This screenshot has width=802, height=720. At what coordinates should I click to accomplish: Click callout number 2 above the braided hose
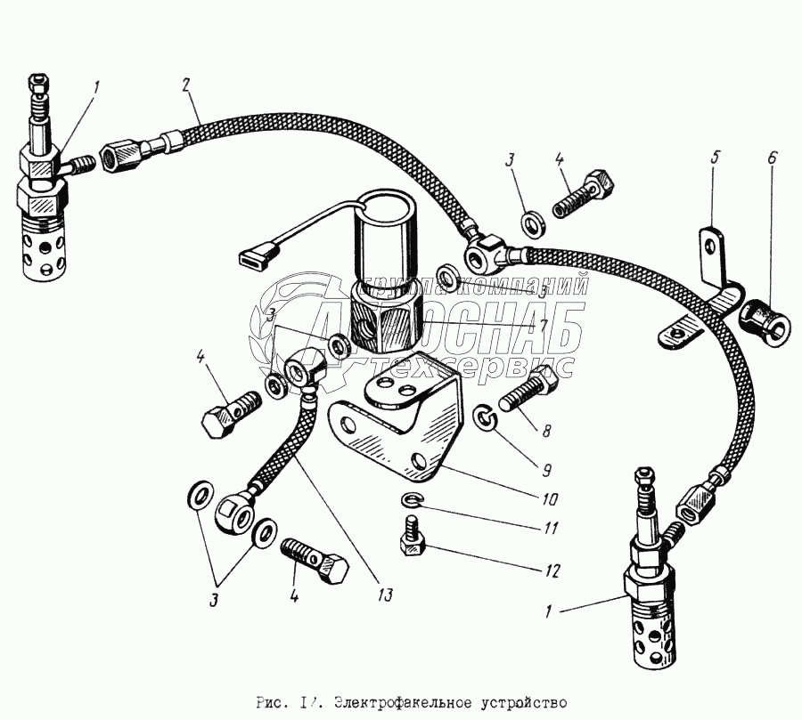pyautogui.click(x=185, y=86)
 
